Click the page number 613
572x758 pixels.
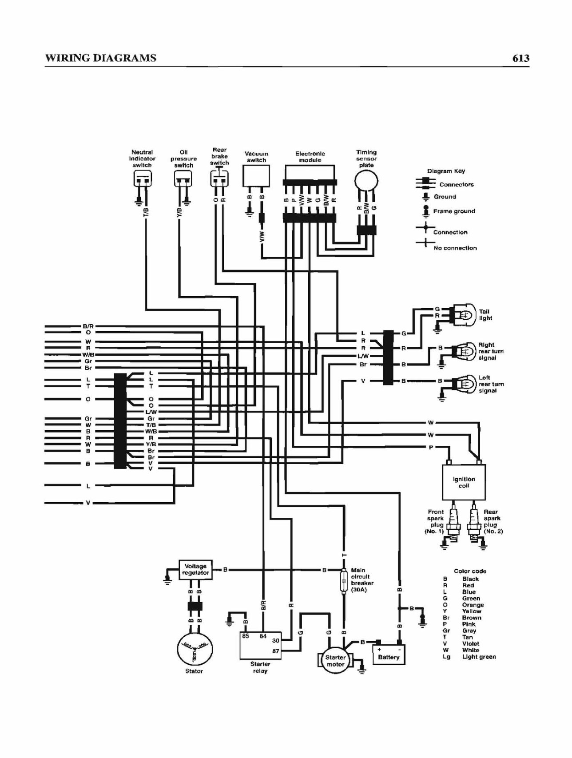[520, 58]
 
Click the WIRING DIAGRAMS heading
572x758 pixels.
[101, 58]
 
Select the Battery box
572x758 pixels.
[389, 655]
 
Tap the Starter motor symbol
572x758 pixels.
[335, 661]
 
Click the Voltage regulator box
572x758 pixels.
[195, 570]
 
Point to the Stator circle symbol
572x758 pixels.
[195, 649]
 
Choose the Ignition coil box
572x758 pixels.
[464, 482]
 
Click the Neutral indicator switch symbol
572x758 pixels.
[143, 179]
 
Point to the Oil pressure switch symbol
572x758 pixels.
[183, 179]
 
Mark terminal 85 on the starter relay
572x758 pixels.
[246, 636]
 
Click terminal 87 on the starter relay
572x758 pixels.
[275, 651]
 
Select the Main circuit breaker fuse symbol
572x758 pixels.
[343, 581]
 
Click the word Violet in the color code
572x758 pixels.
[471, 643]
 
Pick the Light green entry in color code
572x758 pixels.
[479, 657]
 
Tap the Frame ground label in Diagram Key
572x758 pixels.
[454, 211]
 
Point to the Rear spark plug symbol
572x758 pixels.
[474, 523]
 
